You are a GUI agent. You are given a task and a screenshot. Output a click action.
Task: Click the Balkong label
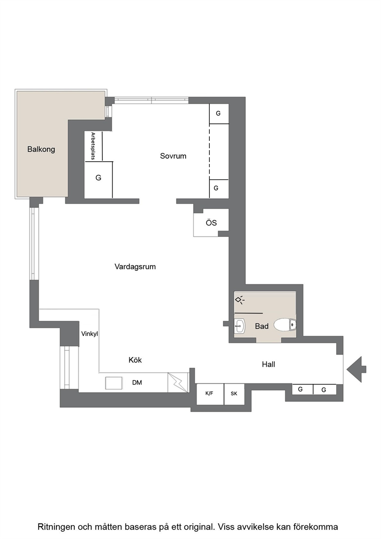coord(41,149)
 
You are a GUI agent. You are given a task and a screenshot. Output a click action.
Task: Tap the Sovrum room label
coord(173,156)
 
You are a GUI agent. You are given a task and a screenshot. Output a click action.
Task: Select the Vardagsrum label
coord(135,267)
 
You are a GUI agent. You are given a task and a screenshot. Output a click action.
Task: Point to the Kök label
coord(135,360)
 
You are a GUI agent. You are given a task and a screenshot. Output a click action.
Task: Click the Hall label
coord(268,364)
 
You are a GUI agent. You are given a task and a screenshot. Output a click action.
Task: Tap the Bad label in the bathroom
coord(262,326)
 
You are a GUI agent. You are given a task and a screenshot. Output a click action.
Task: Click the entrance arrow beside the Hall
coord(356,369)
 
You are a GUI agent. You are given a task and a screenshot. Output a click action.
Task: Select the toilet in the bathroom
coord(285,325)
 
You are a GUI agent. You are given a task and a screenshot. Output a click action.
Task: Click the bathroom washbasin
coord(240,326)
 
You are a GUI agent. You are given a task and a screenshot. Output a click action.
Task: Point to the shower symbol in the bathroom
coord(240,300)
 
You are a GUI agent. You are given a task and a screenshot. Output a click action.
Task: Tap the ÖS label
coord(211,223)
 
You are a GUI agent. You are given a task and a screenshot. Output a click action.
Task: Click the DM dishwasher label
coord(137,382)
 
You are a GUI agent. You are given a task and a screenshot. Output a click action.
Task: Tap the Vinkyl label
coord(89,334)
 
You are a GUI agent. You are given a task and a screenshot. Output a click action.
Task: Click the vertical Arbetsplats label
coord(93,146)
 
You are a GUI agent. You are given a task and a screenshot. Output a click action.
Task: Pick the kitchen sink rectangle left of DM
coord(114,383)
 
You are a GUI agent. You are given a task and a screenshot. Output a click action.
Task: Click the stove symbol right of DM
coord(178,383)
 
